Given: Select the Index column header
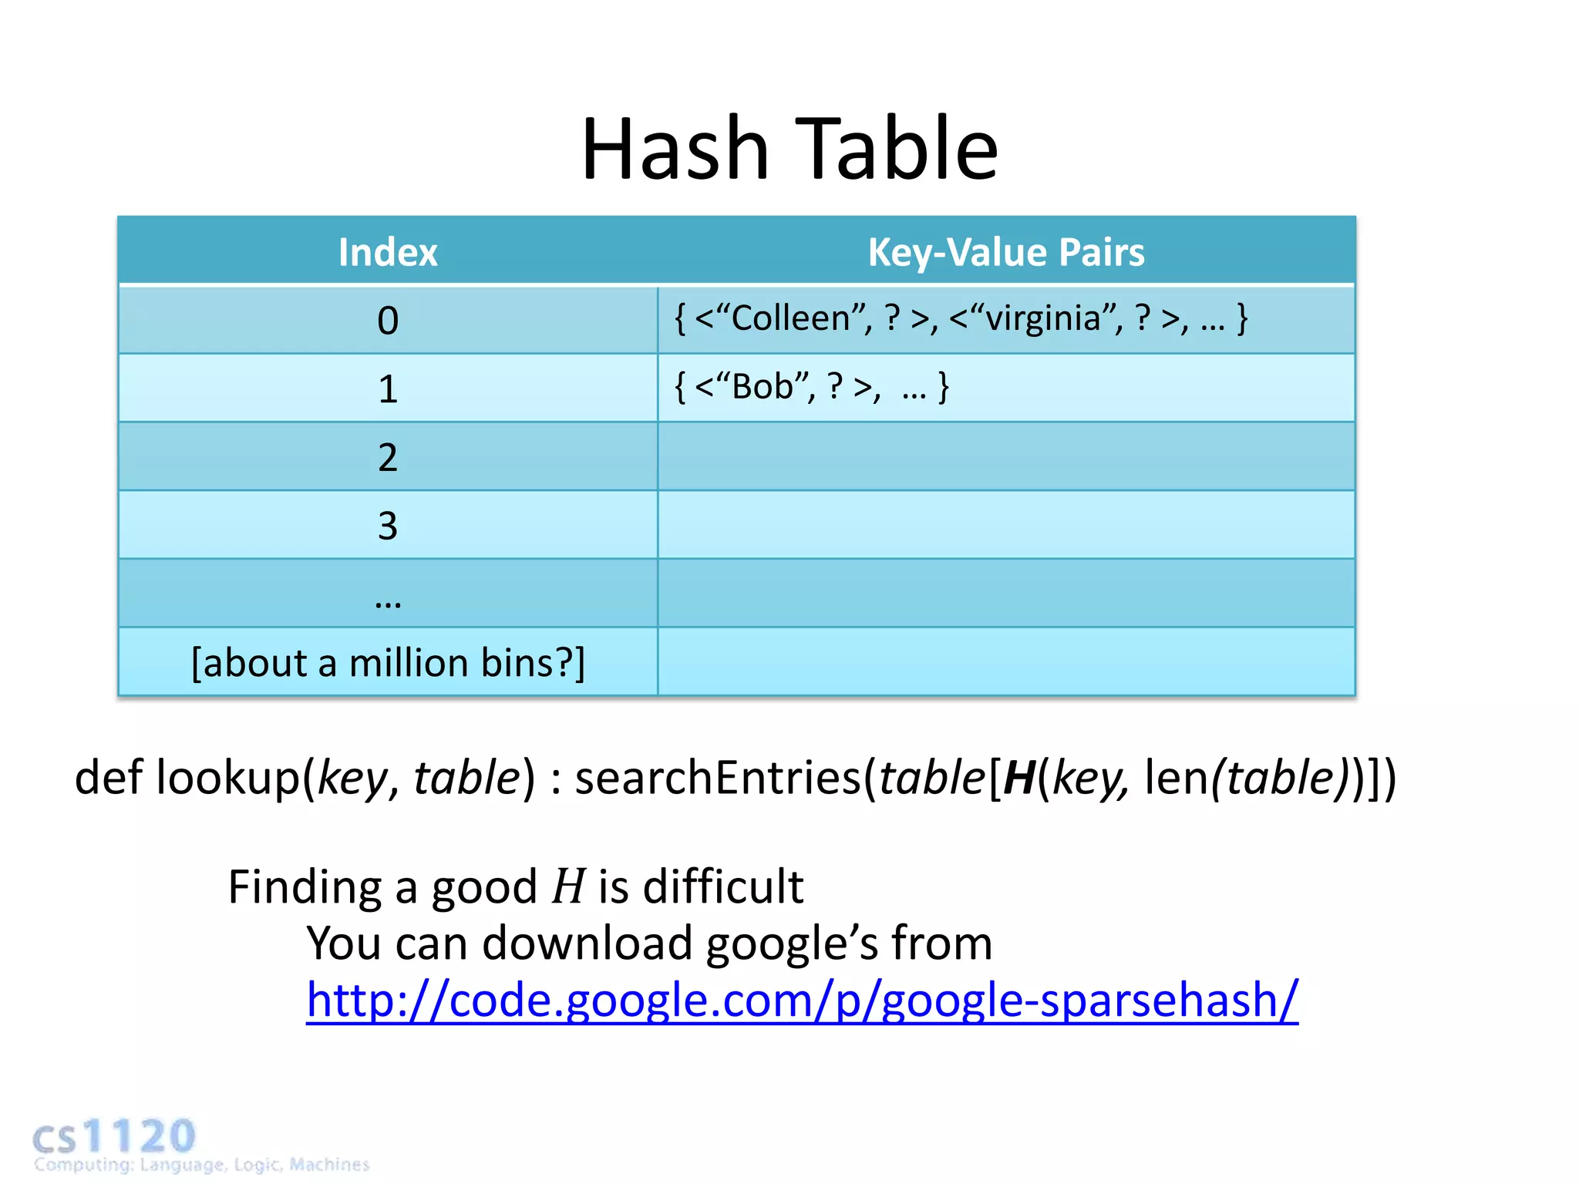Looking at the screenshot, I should [x=388, y=252].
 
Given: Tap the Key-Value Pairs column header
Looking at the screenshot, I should [x=1006, y=252].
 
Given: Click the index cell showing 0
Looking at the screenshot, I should [x=388, y=321].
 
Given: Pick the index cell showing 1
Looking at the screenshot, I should [x=388, y=388].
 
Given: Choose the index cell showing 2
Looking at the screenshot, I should [x=388, y=457].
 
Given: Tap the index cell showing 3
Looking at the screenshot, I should [x=388, y=526].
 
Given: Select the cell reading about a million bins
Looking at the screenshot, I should [x=388, y=663].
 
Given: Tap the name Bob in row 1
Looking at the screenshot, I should [x=762, y=386].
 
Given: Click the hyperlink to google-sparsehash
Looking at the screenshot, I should [x=802, y=1000].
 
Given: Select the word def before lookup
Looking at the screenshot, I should [x=109, y=777].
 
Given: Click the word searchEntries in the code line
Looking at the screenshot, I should [x=717, y=777].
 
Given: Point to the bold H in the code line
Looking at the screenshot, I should [x=1018, y=777].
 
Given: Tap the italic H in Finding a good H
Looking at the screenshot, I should [x=568, y=886].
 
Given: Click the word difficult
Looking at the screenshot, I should [x=722, y=886].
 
